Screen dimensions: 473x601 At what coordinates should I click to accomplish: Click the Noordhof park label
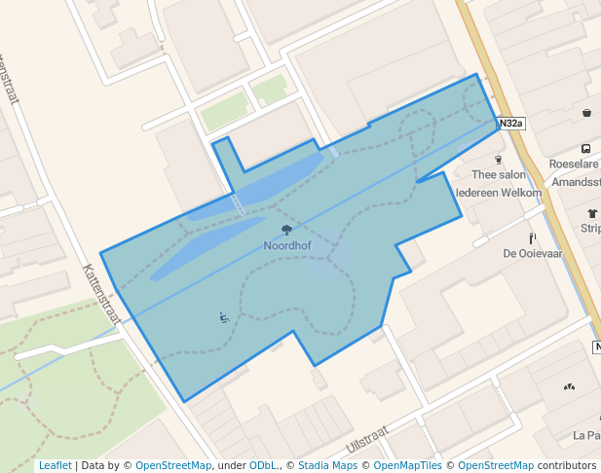coord(287,246)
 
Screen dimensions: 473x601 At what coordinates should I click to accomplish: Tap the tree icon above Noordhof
coord(287,231)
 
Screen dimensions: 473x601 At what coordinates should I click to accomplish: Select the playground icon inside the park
coord(224,317)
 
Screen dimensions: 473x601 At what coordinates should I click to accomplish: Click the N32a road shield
coord(510,124)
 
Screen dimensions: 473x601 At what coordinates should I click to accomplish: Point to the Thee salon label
coord(498,175)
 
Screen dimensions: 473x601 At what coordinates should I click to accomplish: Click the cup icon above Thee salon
coord(499,160)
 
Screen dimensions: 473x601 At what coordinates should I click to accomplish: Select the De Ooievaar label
coord(533,254)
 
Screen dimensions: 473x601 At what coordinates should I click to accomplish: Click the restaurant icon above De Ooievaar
coord(533,237)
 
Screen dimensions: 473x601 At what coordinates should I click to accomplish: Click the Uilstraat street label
coord(367,440)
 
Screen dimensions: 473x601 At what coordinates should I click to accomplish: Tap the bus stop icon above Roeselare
coord(586,149)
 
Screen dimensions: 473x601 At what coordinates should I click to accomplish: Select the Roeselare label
coord(575,164)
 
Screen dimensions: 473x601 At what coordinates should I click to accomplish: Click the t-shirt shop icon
coord(592,213)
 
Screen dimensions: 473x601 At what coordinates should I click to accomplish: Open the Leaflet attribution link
coord(56,465)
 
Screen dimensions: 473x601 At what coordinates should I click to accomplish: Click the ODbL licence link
coord(264,465)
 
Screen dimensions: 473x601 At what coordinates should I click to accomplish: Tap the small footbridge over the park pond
coord(238,203)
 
